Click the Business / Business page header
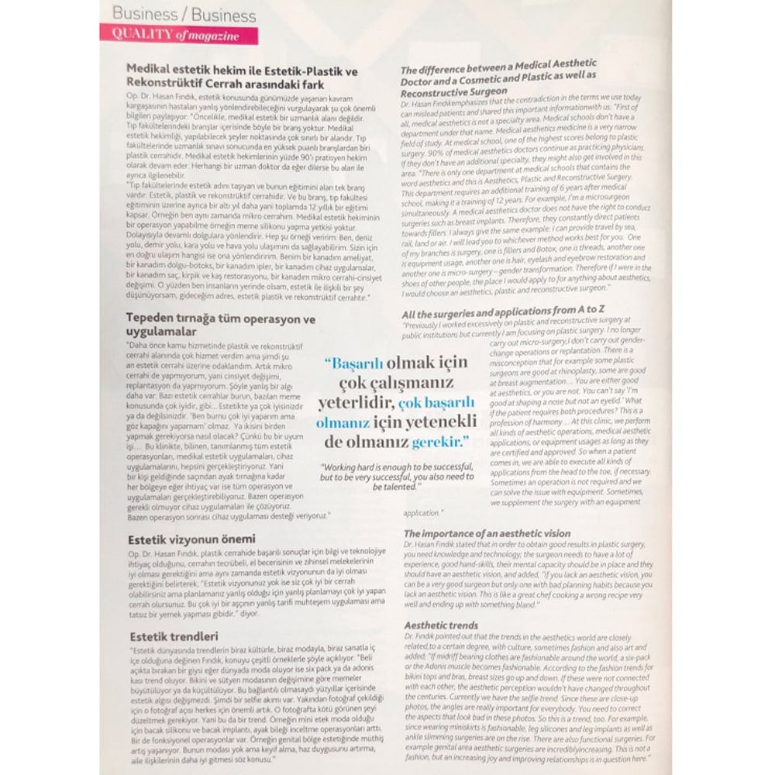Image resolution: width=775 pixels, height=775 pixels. pyautogui.click(x=184, y=15)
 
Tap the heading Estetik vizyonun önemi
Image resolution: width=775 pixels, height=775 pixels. pyautogui.click(x=191, y=539)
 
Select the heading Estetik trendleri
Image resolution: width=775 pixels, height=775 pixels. pyautogui.click(x=174, y=636)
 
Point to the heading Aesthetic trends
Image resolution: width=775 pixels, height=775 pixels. pyautogui.click(x=441, y=625)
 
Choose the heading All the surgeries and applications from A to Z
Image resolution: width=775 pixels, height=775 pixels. pyautogui.click(x=503, y=312)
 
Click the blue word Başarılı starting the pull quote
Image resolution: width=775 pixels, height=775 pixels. pyautogui.click(x=362, y=364)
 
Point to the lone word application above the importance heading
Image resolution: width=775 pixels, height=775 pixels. pyautogui.click(x=422, y=513)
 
